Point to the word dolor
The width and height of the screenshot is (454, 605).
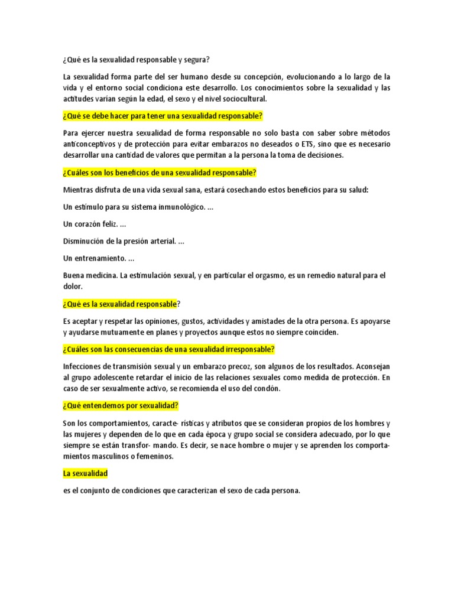tap(73, 287)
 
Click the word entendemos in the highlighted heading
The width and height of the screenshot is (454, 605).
tap(101, 405)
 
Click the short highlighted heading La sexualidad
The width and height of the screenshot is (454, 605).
tap(85, 473)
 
